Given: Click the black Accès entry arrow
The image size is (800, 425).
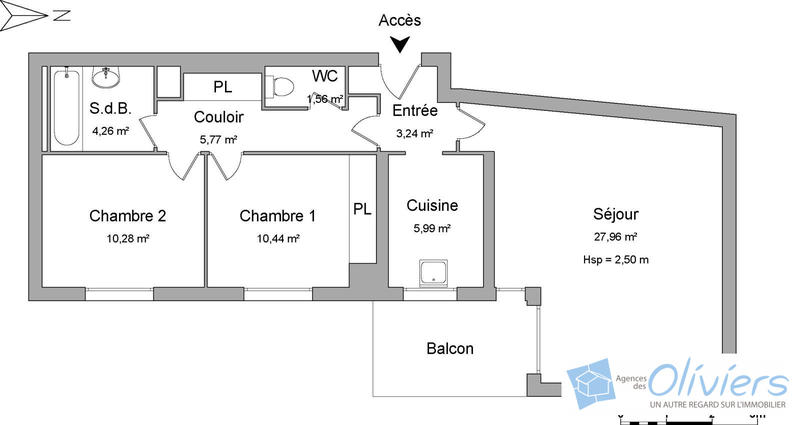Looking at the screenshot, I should [x=401, y=44].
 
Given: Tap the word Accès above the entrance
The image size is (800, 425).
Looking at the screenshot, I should [x=401, y=20].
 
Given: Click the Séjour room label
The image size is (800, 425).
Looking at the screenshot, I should [x=615, y=214].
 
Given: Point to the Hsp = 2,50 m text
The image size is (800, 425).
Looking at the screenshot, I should [x=615, y=260].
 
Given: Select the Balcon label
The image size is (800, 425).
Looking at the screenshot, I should [x=450, y=349].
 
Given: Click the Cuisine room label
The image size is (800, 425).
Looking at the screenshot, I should [x=432, y=205].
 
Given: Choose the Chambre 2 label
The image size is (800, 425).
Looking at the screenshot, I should [x=127, y=216].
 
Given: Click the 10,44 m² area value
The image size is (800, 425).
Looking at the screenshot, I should [x=278, y=238].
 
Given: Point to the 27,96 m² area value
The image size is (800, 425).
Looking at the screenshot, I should [x=615, y=237].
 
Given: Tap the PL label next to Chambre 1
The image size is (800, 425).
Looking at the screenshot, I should [x=362, y=210].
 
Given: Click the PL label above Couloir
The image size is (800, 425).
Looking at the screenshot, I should [x=222, y=87].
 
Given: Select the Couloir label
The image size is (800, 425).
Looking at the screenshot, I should [x=218, y=116].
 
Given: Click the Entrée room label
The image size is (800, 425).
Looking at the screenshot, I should [x=412, y=110].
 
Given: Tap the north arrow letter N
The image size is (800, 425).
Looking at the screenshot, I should [x=62, y=15].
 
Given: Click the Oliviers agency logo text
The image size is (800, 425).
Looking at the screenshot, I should [x=717, y=381].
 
